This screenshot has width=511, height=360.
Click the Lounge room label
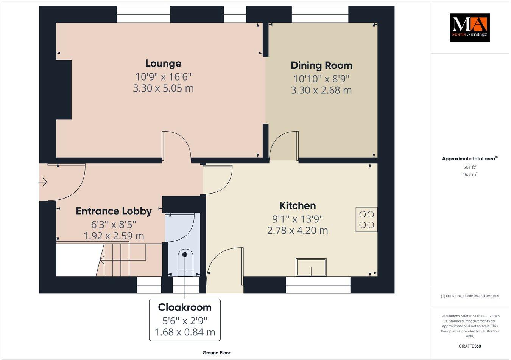click(x=163, y=64)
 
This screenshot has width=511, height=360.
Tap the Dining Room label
click(x=321, y=65)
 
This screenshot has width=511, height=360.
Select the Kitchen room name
click(x=298, y=206)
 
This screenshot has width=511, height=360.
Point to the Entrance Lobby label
click(x=114, y=211)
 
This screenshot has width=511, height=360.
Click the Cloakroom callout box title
click(x=185, y=307)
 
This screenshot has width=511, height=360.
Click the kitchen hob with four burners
click(x=366, y=219)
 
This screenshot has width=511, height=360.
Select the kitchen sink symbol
click(x=311, y=267)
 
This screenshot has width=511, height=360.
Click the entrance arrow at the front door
click(x=43, y=183)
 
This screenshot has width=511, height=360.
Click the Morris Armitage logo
click(x=469, y=27)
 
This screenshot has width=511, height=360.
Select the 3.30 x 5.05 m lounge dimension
click(x=163, y=88)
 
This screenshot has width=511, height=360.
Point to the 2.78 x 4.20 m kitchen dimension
click(x=298, y=230)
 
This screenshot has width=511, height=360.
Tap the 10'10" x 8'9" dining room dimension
click(x=321, y=79)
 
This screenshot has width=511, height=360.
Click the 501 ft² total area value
click(x=470, y=167)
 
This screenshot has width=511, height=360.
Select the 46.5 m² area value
click(x=470, y=174)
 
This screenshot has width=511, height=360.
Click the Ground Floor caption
click(x=216, y=353)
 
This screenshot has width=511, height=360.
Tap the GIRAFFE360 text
click(x=469, y=346)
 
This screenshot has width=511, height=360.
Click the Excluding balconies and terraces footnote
click(x=470, y=296)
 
